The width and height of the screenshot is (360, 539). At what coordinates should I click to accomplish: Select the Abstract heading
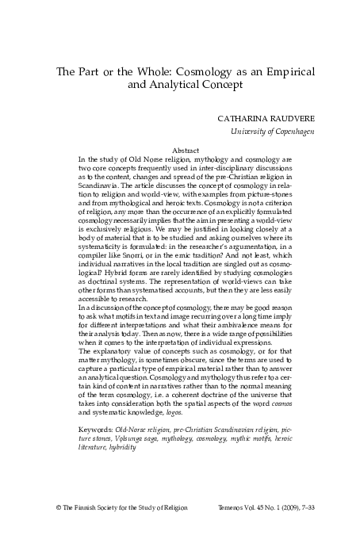185,150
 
